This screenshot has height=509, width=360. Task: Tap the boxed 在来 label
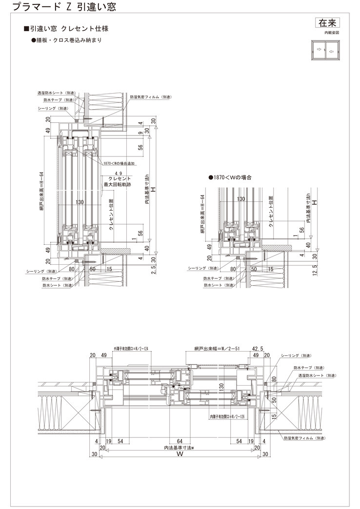pyautogui.click(x=326, y=22)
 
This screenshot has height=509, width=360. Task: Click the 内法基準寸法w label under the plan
pyautogui.click(x=180, y=448)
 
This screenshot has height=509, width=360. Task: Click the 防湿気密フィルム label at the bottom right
pyautogui.click(x=303, y=438)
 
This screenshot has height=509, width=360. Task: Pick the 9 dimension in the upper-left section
pyautogui.click(x=140, y=132)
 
